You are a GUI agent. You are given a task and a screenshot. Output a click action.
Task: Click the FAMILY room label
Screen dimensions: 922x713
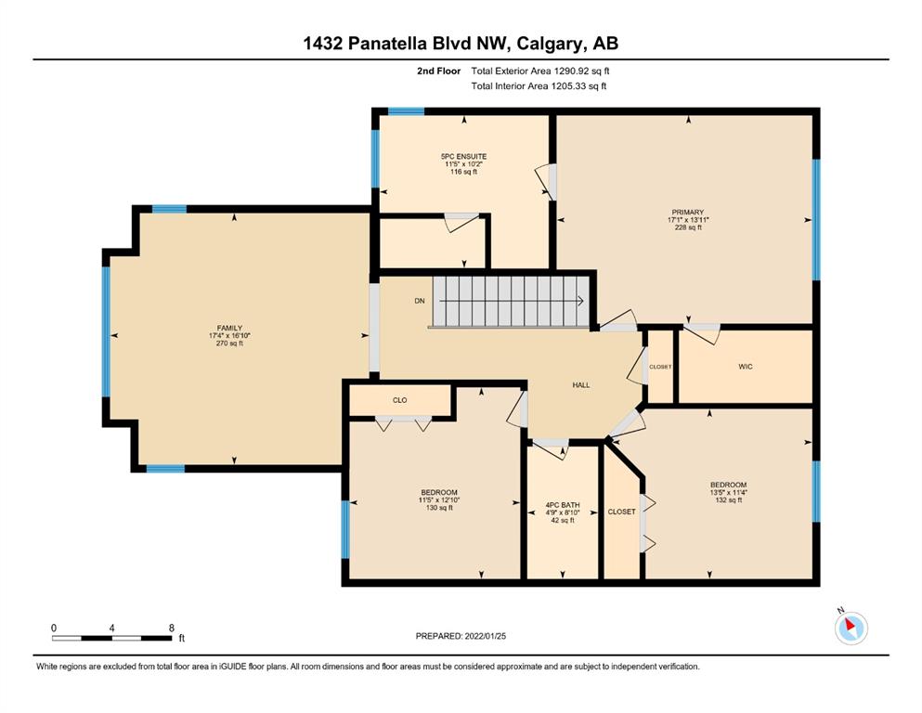[x=229, y=328]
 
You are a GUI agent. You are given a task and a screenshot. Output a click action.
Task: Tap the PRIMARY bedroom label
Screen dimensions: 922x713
[x=687, y=213]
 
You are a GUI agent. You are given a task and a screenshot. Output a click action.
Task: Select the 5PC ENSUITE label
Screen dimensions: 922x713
[x=463, y=156]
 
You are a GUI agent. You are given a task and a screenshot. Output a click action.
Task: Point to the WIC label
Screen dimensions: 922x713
[x=745, y=366]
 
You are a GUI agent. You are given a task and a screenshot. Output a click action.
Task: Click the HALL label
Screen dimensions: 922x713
[x=581, y=385]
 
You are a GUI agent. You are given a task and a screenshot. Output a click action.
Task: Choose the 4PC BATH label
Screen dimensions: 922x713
[x=563, y=505]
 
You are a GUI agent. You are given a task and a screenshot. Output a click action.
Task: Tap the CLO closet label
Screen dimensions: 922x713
[x=400, y=400]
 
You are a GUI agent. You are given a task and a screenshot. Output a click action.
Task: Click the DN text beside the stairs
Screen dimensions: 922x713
[x=420, y=301]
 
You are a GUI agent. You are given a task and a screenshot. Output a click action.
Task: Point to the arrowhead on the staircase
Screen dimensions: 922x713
[x=580, y=301]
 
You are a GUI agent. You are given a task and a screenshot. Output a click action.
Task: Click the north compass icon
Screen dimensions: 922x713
[x=851, y=628]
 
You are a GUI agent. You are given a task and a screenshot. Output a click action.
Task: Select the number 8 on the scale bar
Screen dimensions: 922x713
[x=172, y=628]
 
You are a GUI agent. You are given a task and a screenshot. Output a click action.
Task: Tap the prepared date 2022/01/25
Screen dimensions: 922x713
[x=485, y=636]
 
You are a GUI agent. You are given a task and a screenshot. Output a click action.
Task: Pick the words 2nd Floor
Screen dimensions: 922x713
[x=438, y=71]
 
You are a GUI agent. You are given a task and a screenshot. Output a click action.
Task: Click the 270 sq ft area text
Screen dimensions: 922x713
[x=229, y=344]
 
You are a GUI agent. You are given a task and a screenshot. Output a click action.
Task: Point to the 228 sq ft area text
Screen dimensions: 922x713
[x=688, y=227]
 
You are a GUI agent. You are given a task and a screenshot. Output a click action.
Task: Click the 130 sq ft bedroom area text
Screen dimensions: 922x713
[x=439, y=508]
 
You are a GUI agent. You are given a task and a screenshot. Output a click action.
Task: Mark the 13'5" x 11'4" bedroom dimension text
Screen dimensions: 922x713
[x=729, y=493]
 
